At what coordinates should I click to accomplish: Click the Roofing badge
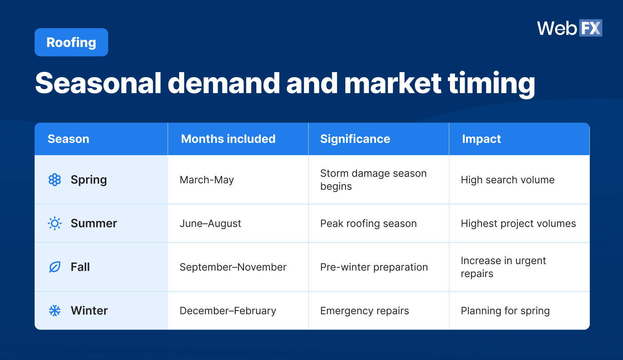pos(71,42)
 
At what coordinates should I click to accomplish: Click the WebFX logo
pos(569,28)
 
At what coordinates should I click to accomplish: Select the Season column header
pos(69,139)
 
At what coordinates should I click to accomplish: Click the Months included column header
pos(228,139)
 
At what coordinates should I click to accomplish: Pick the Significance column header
pos(355,139)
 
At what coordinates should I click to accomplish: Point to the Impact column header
pos(481,139)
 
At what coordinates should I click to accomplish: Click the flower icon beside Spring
pos(55,180)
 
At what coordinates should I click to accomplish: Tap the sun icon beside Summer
pos(55,223)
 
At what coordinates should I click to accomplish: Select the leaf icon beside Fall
pos(55,267)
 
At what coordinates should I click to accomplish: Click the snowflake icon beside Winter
pos(55,311)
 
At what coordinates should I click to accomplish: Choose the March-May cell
pos(207,180)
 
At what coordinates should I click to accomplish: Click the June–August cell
pos(210,223)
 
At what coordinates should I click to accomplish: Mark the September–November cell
pos(233,267)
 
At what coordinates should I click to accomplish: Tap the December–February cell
pos(228,311)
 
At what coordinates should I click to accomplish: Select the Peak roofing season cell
pos(368,223)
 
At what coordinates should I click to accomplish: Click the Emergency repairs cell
pos(364,311)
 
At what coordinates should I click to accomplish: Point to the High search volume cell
pos(508,180)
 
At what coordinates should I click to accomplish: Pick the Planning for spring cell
pos(505,311)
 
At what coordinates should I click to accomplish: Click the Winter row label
pos(89,311)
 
